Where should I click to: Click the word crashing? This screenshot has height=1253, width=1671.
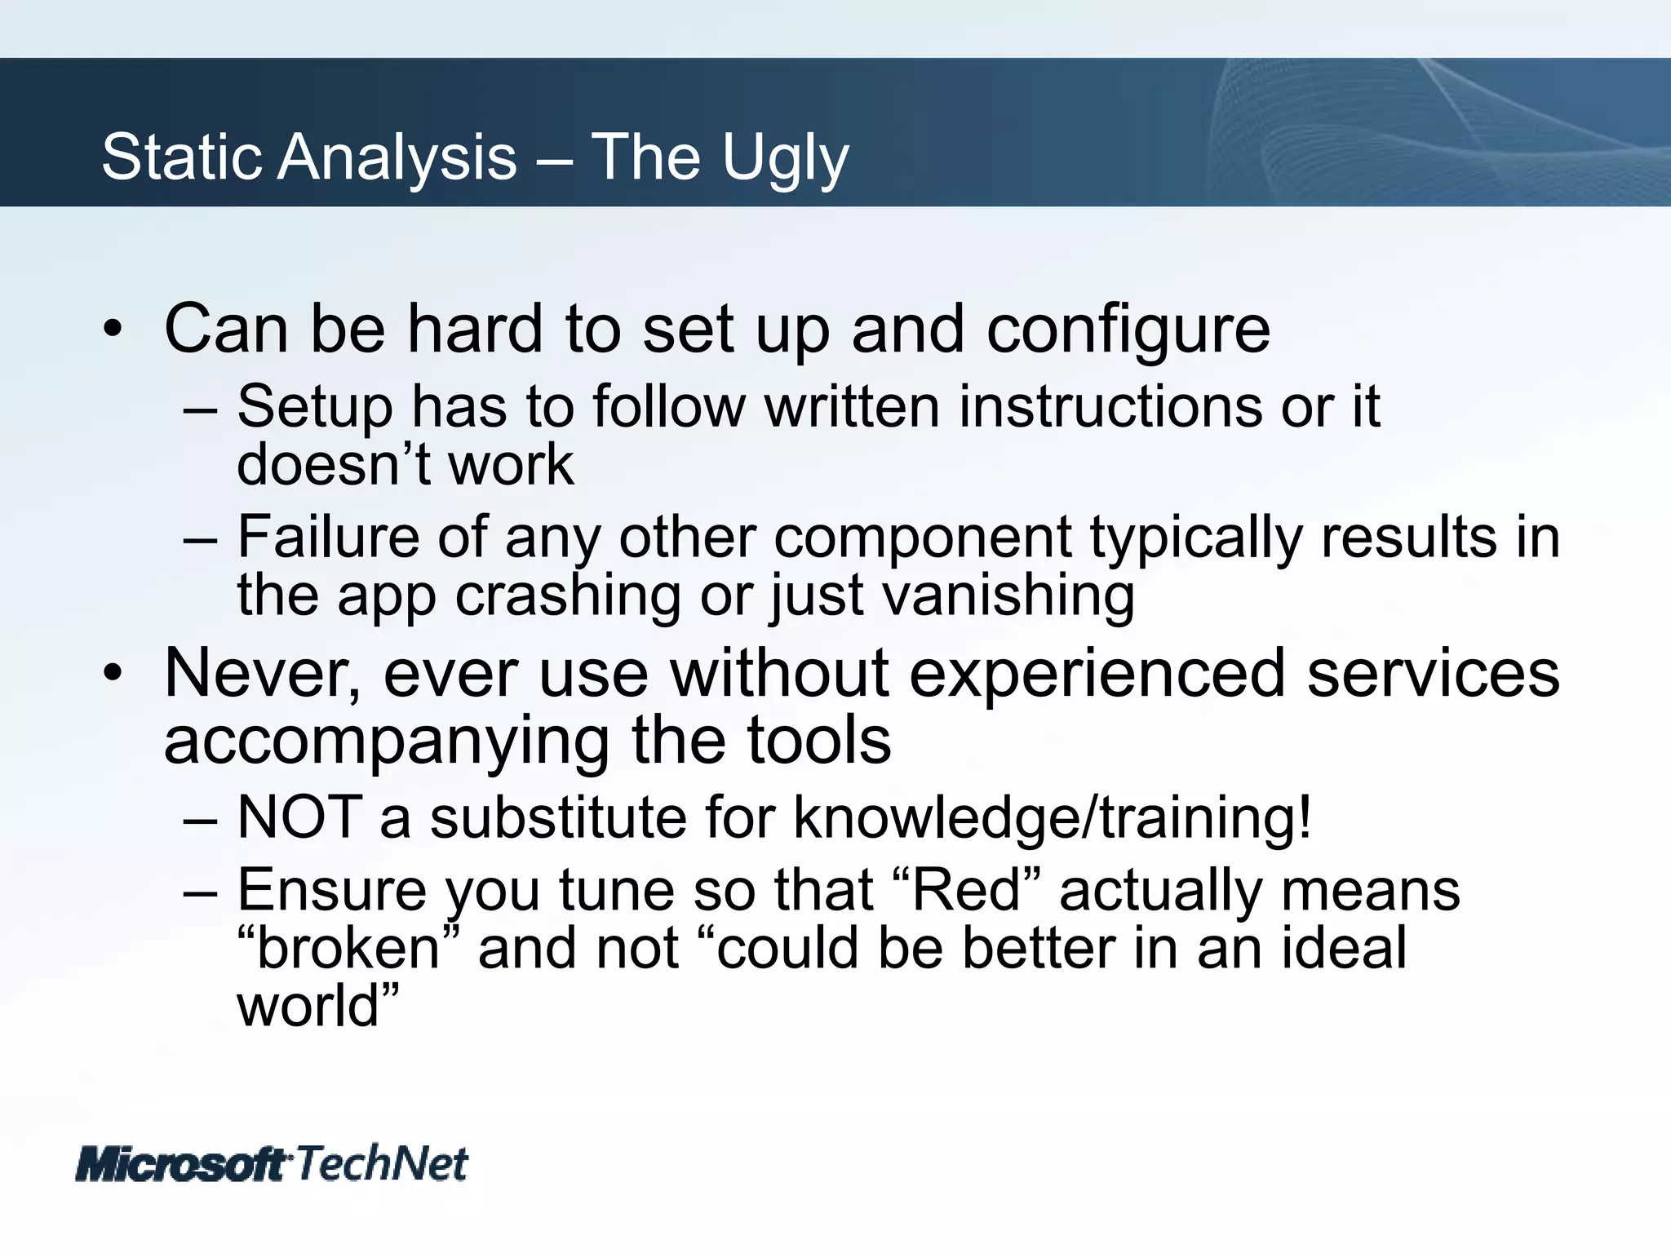click(567, 595)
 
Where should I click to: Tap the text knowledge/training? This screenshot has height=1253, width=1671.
click(1053, 817)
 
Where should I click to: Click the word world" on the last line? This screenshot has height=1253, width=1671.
click(318, 1006)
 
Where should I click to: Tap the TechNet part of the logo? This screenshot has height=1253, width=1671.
click(381, 1163)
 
